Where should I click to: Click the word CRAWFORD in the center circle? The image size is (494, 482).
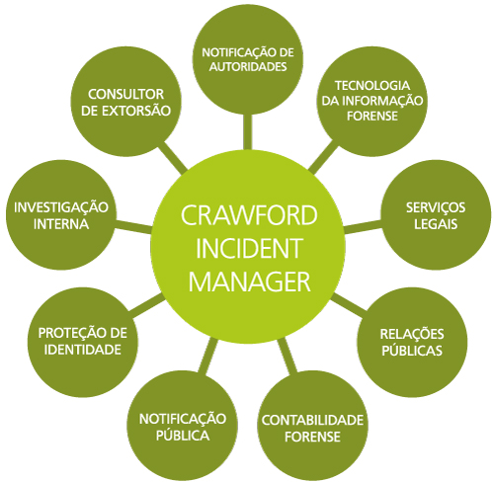(249, 215)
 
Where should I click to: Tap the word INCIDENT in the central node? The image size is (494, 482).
(249, 249)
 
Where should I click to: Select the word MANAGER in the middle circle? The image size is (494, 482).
(249, 281)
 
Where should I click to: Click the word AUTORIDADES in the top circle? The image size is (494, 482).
(248, 67)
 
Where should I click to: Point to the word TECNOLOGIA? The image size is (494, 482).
(372, 86)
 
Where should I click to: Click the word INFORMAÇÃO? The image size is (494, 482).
(382, 101)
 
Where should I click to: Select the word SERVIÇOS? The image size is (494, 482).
(436, 208)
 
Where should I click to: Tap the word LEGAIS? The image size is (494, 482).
(436, 224)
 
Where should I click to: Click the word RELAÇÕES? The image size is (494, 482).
(412, 334)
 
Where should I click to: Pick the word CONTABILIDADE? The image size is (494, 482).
(312, 420)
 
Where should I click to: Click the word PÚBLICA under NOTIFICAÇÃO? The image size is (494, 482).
(183, 435)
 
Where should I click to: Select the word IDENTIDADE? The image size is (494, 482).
(83, 350)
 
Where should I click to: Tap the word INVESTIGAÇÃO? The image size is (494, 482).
(61, 207)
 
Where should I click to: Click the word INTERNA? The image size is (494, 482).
(61, 224)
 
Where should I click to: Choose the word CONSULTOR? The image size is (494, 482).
(125, 95)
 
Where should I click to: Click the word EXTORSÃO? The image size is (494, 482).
(136, 111)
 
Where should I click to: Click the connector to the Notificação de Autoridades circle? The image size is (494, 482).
(248, 132)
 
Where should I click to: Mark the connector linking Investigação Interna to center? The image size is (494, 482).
(133, 226)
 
